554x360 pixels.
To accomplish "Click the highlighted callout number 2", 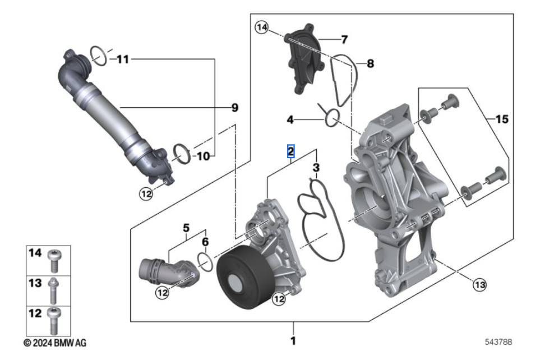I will [x=290, y=151].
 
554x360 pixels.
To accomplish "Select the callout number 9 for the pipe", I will [x=235, y=107].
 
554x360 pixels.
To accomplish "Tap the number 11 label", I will [x=122, y=59].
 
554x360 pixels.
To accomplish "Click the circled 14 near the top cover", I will [x=262, y=26].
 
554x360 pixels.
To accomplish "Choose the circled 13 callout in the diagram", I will [x=478, y=285].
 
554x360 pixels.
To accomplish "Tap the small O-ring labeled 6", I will [x=205, y=261].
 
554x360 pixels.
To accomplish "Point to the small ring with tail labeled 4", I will [x=331, y=117].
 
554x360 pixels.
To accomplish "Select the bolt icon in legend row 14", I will [x=54, y=259].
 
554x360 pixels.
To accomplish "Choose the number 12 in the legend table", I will [x=35, y=313].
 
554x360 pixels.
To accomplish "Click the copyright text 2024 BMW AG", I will [x=55, y=342].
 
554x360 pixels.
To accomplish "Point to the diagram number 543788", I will [x=498, y=341].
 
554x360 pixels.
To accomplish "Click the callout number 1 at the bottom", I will [x=293, y=340].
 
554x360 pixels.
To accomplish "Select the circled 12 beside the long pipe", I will [x=146, y=193].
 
